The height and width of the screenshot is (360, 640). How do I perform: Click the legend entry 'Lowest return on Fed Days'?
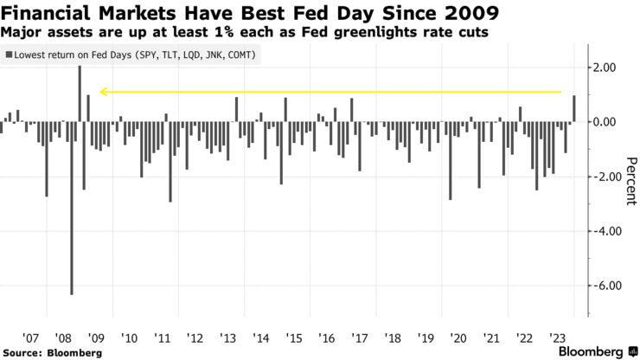(x=135, y=55)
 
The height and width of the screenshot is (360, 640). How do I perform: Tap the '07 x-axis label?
(x=31, y=338)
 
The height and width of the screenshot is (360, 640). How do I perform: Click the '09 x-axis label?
(x=97, y=338)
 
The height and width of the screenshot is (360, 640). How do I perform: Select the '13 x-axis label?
(x=228, y=338)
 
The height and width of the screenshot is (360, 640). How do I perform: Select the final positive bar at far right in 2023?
(x=574, y=108)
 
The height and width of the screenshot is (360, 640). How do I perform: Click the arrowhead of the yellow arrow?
(x=102, y=91)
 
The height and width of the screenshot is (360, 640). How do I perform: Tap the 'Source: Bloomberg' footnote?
(x=52, y=352)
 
